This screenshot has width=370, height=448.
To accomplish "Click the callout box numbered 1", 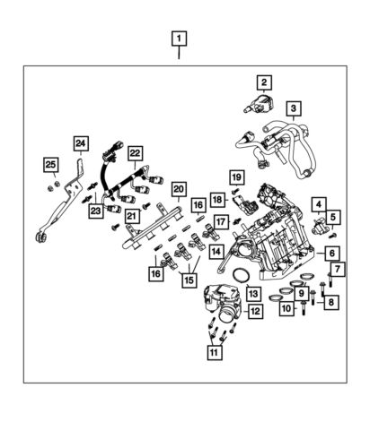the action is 179,39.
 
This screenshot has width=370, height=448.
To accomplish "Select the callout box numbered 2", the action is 264,82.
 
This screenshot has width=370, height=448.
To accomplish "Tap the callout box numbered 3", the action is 294,108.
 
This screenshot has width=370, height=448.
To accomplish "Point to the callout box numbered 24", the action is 81,143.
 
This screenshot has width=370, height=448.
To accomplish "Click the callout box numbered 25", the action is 50,165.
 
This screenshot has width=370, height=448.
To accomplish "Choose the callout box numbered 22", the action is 135,153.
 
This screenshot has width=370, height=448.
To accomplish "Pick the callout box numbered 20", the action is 179,189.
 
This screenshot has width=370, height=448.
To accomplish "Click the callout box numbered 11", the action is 215,352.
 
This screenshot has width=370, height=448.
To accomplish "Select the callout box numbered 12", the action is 255,311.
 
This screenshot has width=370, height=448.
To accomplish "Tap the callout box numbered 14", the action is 216,252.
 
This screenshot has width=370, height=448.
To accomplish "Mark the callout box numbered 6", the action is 331,254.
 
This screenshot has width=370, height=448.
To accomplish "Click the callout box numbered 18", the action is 217,200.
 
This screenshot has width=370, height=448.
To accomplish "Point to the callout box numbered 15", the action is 189,280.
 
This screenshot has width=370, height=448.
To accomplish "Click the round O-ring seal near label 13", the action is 242,275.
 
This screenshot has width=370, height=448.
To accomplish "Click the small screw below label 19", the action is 236,190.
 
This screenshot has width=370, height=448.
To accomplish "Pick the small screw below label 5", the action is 331,236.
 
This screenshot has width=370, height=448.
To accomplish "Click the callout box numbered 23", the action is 96,211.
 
